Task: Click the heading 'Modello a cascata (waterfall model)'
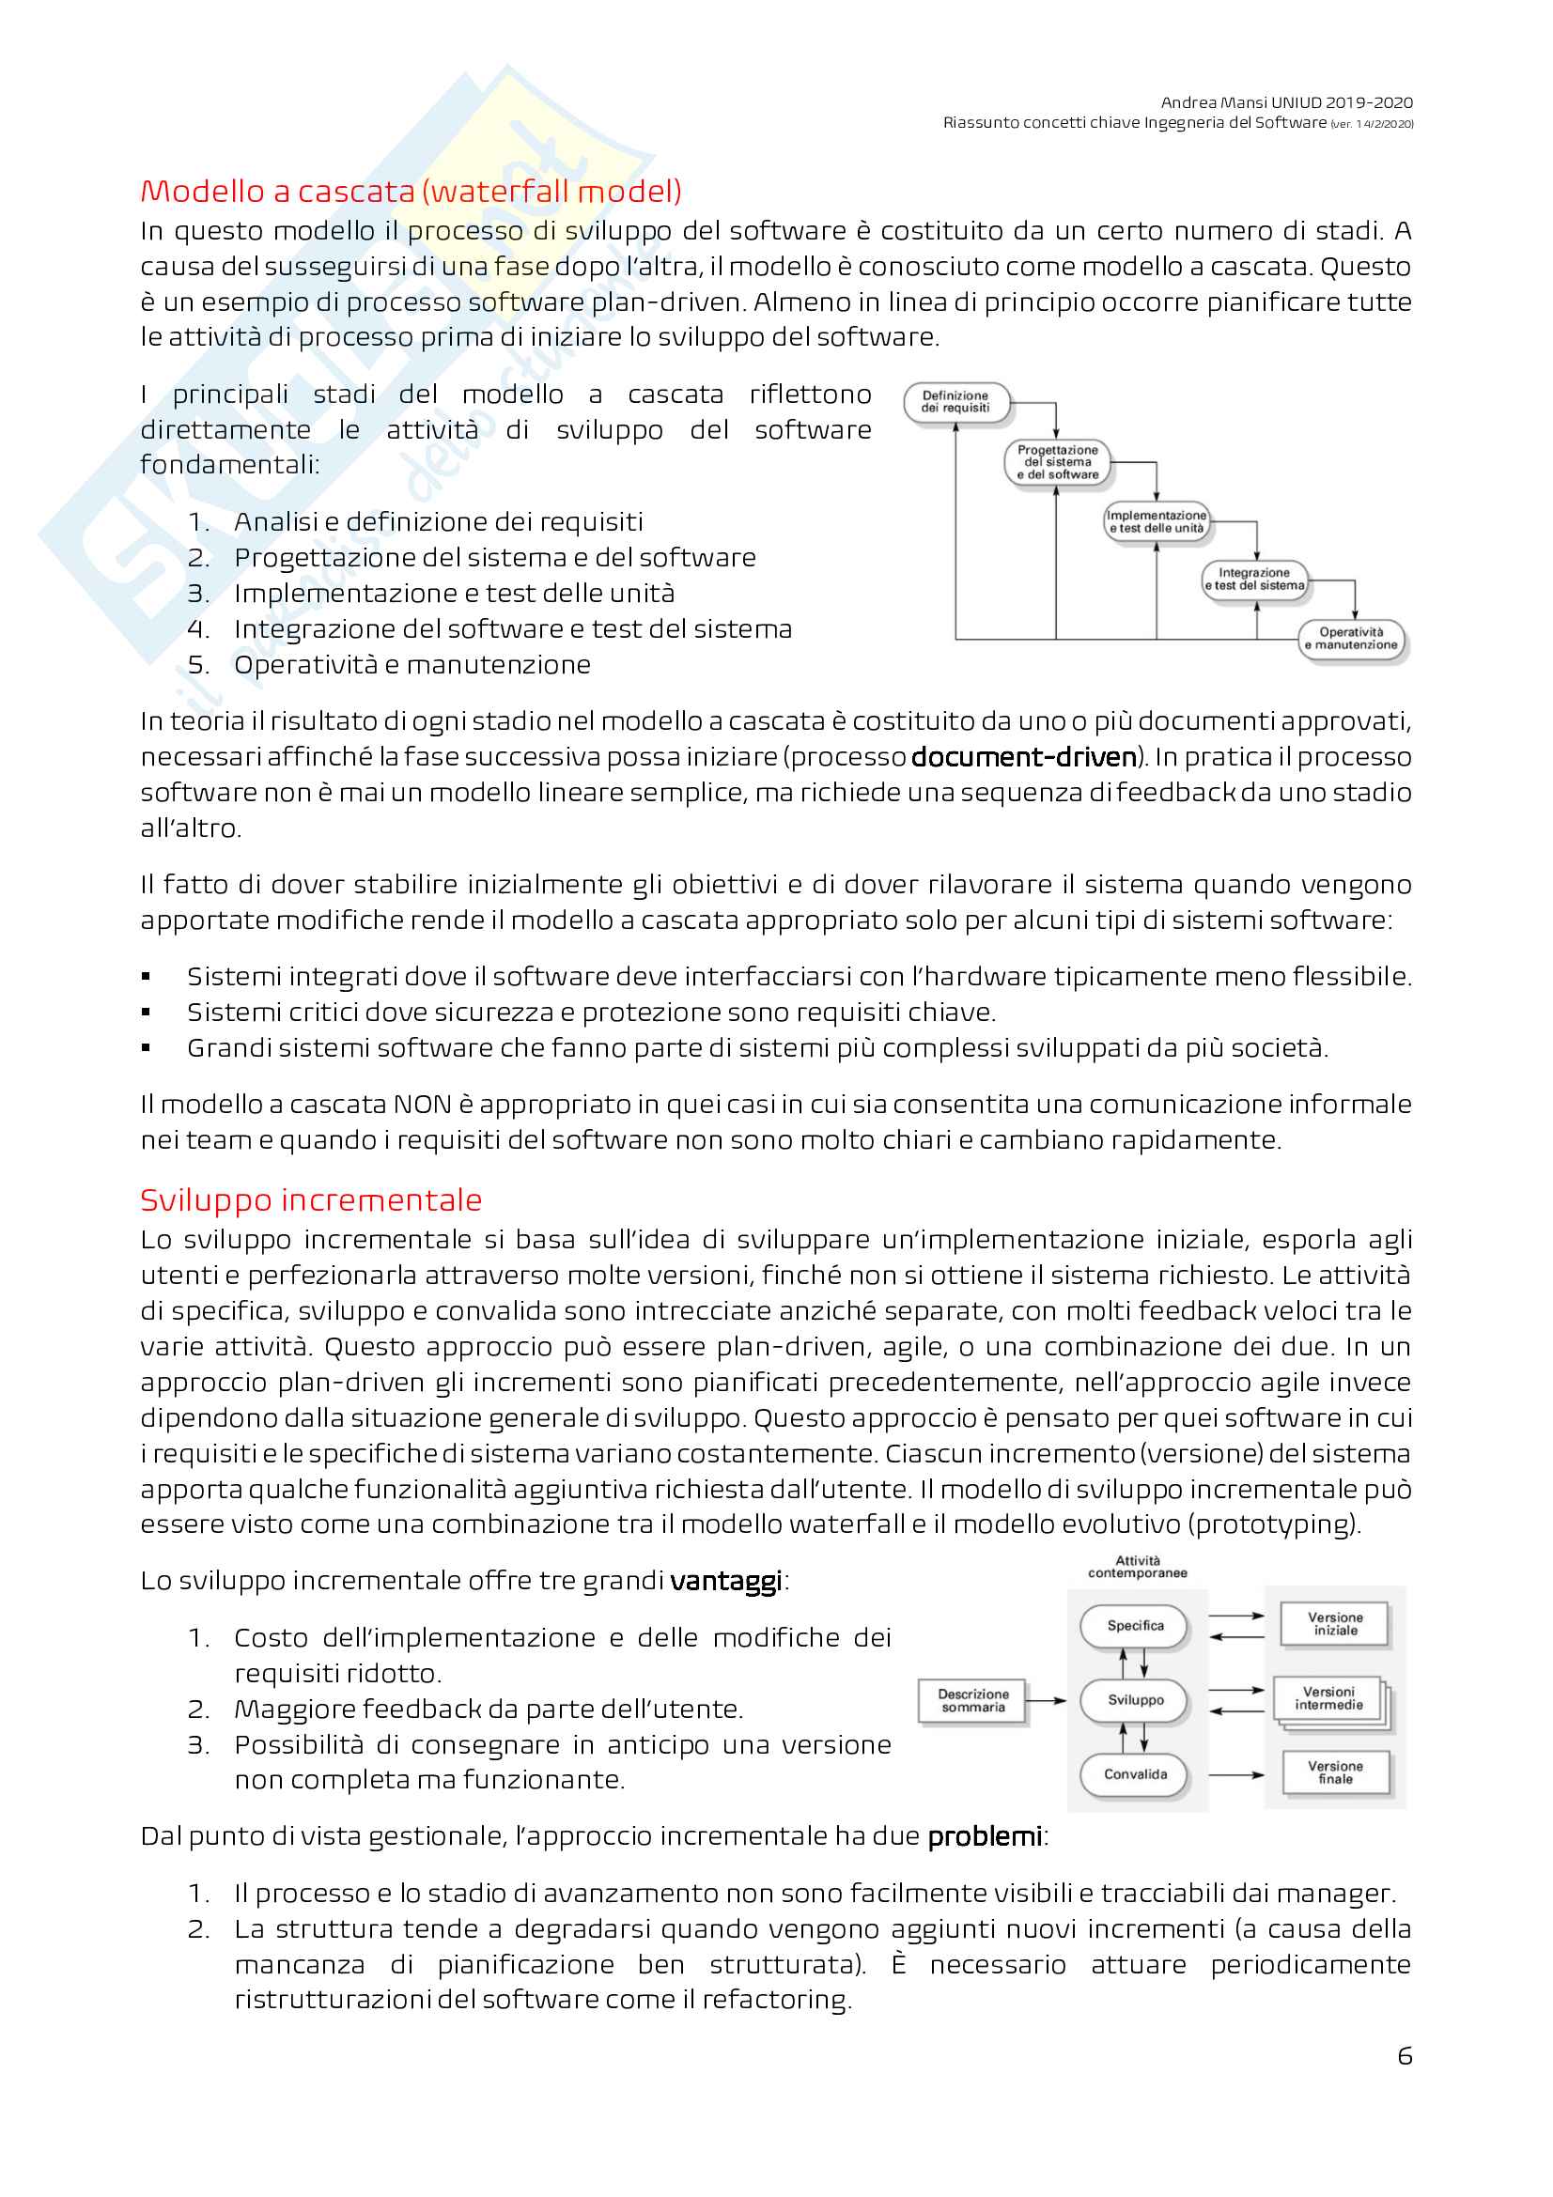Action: point(411,192)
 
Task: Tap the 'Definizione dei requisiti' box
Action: point(955,402)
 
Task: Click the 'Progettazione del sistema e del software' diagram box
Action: point(1056,462)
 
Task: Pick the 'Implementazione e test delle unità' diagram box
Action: point(1156,521)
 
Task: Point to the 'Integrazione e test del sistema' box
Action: point(1253,579)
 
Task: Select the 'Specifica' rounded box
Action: point(1135,1626)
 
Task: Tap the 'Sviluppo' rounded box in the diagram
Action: point(1135,1700)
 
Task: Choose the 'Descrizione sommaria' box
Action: point(972,1700)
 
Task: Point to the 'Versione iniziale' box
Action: point(1335,1624)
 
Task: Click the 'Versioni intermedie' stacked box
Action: point(1329,1698)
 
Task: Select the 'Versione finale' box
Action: point(1335,1772)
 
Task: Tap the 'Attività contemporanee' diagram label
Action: point(1137,1567)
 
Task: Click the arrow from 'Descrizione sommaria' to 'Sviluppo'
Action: point(1047,1700)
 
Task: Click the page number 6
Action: point(1404,2055)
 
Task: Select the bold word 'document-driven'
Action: point(1023,757)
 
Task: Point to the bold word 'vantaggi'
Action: point(725,1581)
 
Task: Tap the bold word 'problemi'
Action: point(984,1836)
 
